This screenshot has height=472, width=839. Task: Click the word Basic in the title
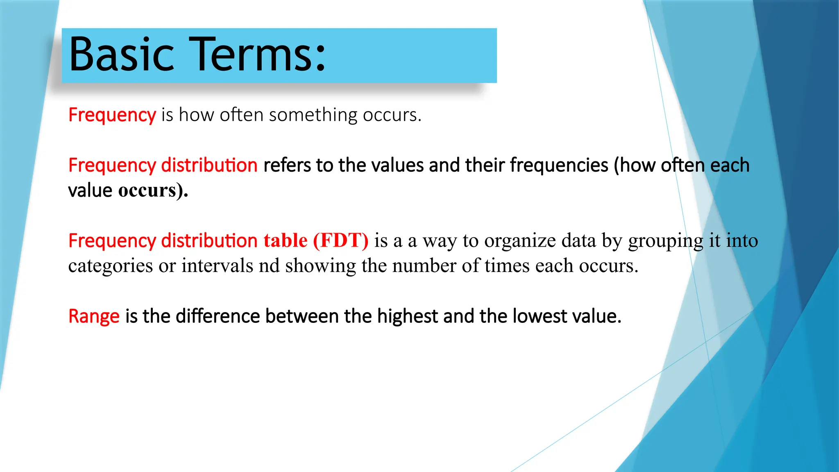pos(121,54)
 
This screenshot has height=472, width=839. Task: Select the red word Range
pos(94,316)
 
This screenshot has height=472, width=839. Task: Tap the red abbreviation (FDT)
pos(340,241)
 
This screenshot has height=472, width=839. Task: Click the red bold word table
pos(285,241)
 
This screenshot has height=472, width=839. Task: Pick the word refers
pos(287,166)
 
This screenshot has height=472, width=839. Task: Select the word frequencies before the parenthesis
pos(559,166)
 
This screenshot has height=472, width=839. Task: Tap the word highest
pos(407,316)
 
